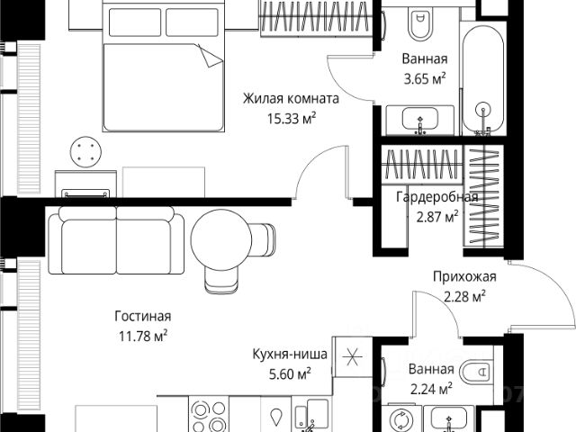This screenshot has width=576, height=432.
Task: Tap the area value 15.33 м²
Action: point(287,118)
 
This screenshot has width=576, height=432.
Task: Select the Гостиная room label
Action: point(142,317)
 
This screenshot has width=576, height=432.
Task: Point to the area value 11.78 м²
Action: point(142,337)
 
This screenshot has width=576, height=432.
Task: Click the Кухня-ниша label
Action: point(283,355)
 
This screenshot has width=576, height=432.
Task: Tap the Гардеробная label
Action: point(436,197)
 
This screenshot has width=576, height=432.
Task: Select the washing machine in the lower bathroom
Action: point(400,419)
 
